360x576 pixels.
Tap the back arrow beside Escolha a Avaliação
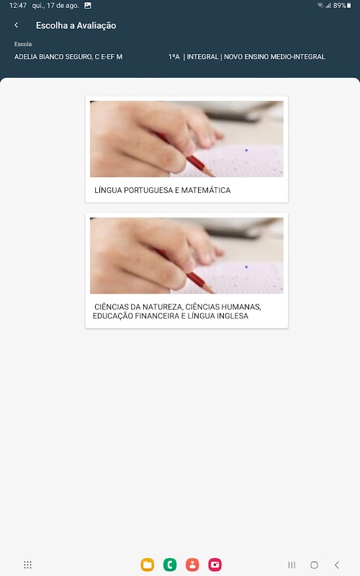[16, 25]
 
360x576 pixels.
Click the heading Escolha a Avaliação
[76, 25]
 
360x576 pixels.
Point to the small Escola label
[23, 44]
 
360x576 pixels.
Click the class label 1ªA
[174, 57]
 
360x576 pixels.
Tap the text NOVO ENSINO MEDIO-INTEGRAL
[274, 57]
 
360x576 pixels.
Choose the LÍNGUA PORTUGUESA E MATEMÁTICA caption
[163, 190]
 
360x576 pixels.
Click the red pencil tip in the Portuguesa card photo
[212, 174]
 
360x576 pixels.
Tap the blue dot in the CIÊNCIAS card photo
[246, 267]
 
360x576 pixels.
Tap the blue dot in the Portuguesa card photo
[246, 150]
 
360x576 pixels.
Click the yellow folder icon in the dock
[148, 564]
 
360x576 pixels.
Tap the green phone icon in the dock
[170, 564]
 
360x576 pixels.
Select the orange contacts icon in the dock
[192, 564]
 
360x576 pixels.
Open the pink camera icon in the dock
[215, 564]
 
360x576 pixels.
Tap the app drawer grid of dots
[27, 564]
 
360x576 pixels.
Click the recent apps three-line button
[292, 564]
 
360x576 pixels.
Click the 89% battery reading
[339, 6]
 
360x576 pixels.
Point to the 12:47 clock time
[17, 6]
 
